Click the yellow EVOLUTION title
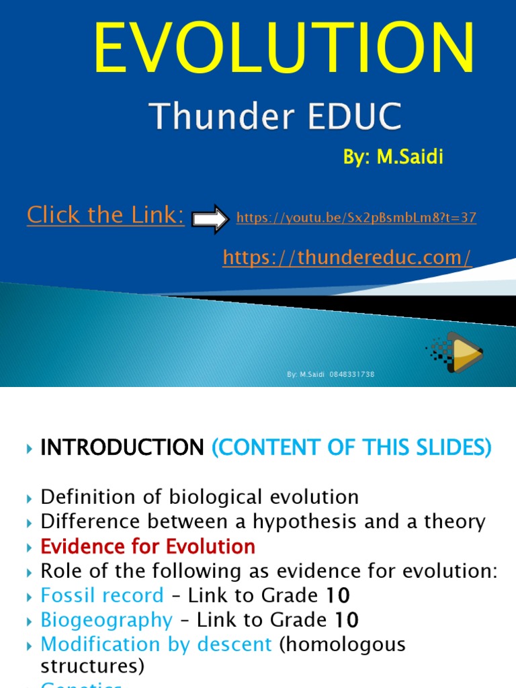284,49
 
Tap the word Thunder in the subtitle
210,117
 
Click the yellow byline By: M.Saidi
393,158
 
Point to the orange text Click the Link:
105,215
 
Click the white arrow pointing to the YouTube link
210,218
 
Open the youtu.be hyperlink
356,218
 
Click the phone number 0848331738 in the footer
352,374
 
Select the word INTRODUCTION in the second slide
122,447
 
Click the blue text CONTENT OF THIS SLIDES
352,447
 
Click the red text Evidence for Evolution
148,546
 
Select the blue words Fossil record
102,595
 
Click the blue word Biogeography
107,619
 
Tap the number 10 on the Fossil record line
338,595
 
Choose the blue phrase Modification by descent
156,644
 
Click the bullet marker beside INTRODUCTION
29,448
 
